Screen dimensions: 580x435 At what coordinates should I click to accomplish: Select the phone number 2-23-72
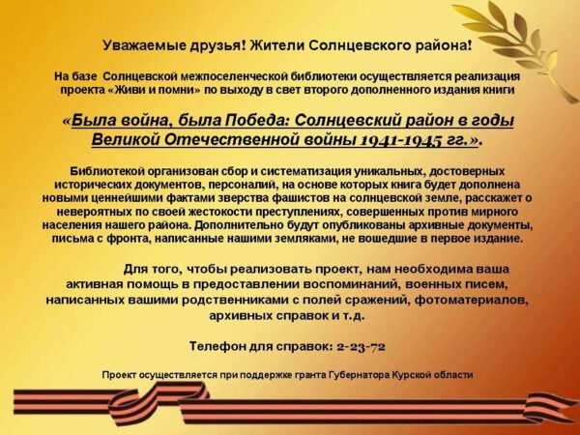tap(362, 347)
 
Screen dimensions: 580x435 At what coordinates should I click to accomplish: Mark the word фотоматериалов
tap(472, 300)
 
